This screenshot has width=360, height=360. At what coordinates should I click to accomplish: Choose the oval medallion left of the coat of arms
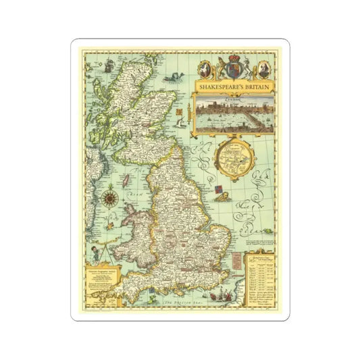[x=204, y=69]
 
